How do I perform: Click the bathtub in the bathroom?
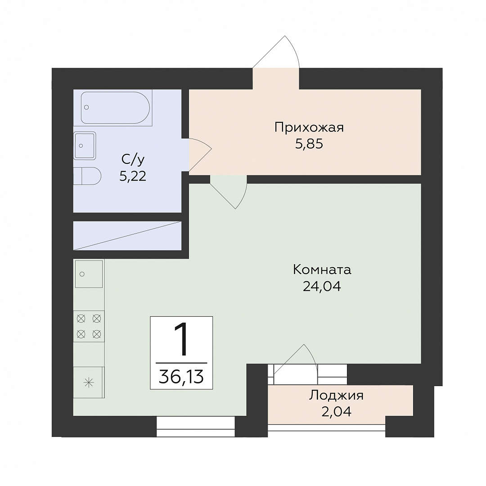coord(115,108)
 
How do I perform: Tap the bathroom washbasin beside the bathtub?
coord(85,146)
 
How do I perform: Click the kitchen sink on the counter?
coord(89,274)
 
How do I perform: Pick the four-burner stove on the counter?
coord(89,326)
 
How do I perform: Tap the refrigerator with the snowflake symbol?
coord(89,382)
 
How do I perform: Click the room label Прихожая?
coord(309,128)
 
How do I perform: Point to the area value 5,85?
coord(309,144)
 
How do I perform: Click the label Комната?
coord(322,270)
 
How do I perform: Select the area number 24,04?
coord(322,286)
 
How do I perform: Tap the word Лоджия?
coord(336,396)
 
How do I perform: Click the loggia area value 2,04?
coord(336,412)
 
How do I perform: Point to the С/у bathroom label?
coord(133,160)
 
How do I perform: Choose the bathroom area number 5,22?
coord(133,176)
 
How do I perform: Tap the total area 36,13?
coord(181,377)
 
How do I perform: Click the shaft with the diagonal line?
coord(127,235)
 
